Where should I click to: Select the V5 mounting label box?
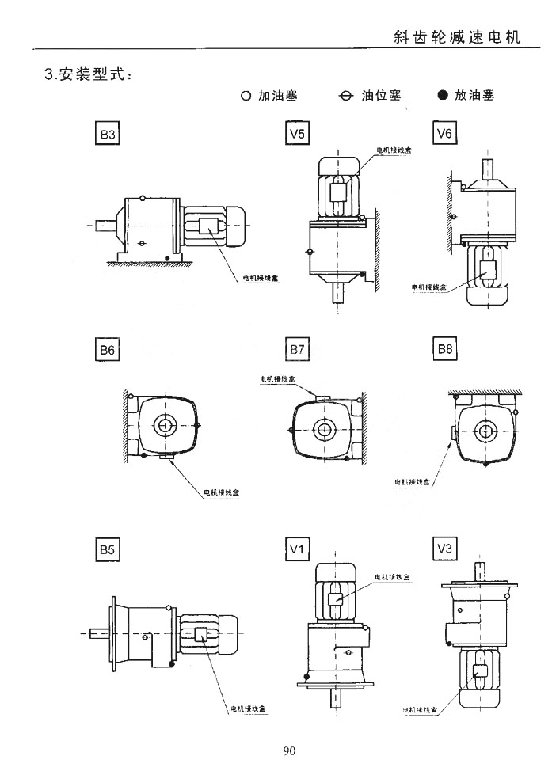297,135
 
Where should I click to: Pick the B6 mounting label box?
108,349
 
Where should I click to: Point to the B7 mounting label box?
297,349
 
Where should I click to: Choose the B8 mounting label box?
445,349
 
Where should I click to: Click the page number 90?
288,750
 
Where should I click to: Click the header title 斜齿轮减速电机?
457,37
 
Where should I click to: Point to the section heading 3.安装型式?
88,76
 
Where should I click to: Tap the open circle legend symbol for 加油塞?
246,97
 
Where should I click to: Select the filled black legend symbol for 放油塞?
442,97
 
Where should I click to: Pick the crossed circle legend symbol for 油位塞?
345,97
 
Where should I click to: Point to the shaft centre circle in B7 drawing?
323,430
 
